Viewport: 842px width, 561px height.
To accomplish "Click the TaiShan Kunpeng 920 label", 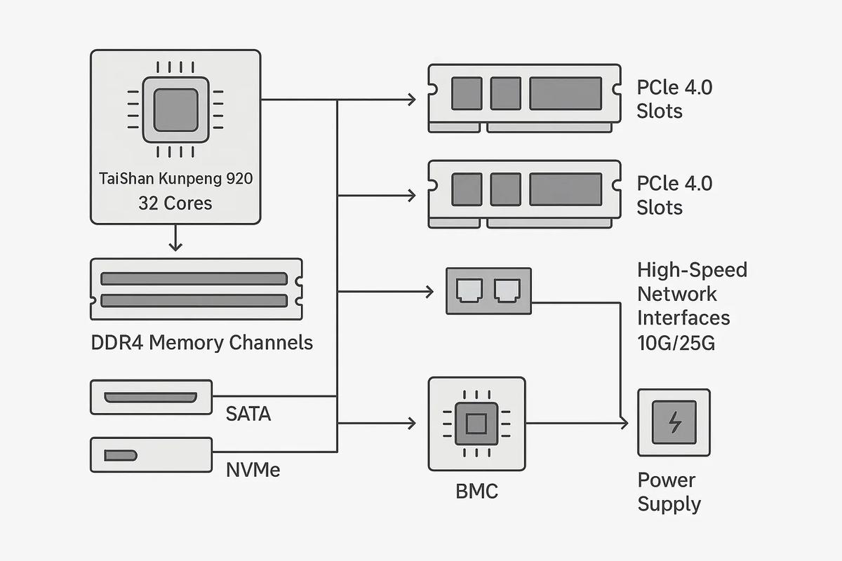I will [x=175, y=179].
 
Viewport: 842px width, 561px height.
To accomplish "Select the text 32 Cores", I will [x=175, y=203].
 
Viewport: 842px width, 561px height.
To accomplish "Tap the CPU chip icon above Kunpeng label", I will [x=175, y=110].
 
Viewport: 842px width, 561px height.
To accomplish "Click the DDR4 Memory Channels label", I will [x=202, y=343].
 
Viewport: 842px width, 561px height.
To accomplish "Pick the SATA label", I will [x=248, y=414].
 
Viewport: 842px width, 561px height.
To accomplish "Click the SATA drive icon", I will [x=151, y=398].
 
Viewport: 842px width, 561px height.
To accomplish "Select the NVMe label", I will [x=253, y=468].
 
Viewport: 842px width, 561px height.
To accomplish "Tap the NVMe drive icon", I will [x=151, y=454].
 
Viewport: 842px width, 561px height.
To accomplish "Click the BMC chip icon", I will [x=476, y=424].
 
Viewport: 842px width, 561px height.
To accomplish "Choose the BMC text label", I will [x=476, y=491].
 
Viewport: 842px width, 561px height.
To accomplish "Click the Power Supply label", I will [x=669, y=492].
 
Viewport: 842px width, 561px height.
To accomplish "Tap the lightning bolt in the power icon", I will [x=674, y=422].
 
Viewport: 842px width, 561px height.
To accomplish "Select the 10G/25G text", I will [x=676, y=343].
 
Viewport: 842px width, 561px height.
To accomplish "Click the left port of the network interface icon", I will [x=467, y=290].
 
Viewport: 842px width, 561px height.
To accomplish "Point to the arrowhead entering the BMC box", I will [x=413, y=424].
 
